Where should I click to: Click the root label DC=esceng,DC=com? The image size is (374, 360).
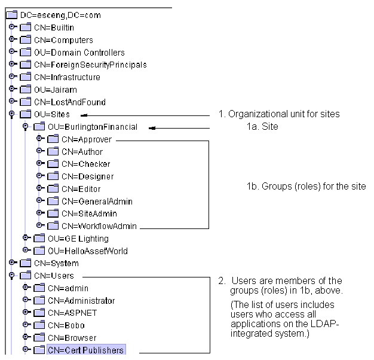(x=60, y=16)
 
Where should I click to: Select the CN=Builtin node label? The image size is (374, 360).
(x=54, y=28)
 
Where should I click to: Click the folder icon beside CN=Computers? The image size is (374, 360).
(x=25, y=39)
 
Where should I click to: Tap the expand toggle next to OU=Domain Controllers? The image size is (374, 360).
(x=13, y=51)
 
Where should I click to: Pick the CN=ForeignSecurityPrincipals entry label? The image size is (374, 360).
(x=90, y=65)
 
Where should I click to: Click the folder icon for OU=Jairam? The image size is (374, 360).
(x=25, y=89)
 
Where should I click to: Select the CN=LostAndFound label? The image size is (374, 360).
(x=70, y=102)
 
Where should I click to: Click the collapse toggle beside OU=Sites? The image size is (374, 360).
(x=12, y=114)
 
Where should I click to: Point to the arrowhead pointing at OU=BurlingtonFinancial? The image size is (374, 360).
(x=152, y=128)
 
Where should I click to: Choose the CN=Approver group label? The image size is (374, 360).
(x=87, y=139)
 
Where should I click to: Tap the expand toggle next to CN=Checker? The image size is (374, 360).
(x=40, y=163)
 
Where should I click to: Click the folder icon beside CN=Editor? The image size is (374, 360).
(x=53, y=188)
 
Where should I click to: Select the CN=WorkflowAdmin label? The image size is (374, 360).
(x=99, y=226)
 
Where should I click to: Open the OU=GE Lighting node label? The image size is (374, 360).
(x=78, y=239)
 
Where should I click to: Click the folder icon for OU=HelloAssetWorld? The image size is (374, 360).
(x=39, y=251)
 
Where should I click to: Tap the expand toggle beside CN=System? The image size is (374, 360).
(x=13, y=263)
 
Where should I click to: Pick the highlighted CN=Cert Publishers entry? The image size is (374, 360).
(x=86, y=350)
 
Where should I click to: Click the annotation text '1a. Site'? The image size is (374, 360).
(x=262, y=127)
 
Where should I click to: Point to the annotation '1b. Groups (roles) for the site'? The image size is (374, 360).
(x=306, y=186)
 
